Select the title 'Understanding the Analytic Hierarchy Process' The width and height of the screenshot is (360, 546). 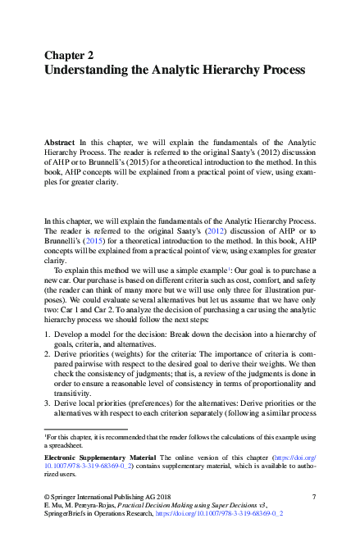pyautogui.click(x=175, y=71)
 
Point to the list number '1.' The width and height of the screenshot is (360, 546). pyautogui.click(x=47, y=336)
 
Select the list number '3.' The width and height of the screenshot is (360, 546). pyautogui.click(x=47, y=403)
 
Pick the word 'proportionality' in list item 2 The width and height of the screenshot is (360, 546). pyautogui.click(x=291, y=384)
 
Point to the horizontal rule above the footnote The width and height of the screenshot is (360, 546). pyautogui.click(x=85, y=429)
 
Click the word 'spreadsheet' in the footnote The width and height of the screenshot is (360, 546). pyautogui.click(x=68, y=445)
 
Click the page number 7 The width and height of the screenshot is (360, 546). pyautogui.click(x=314, y=496)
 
